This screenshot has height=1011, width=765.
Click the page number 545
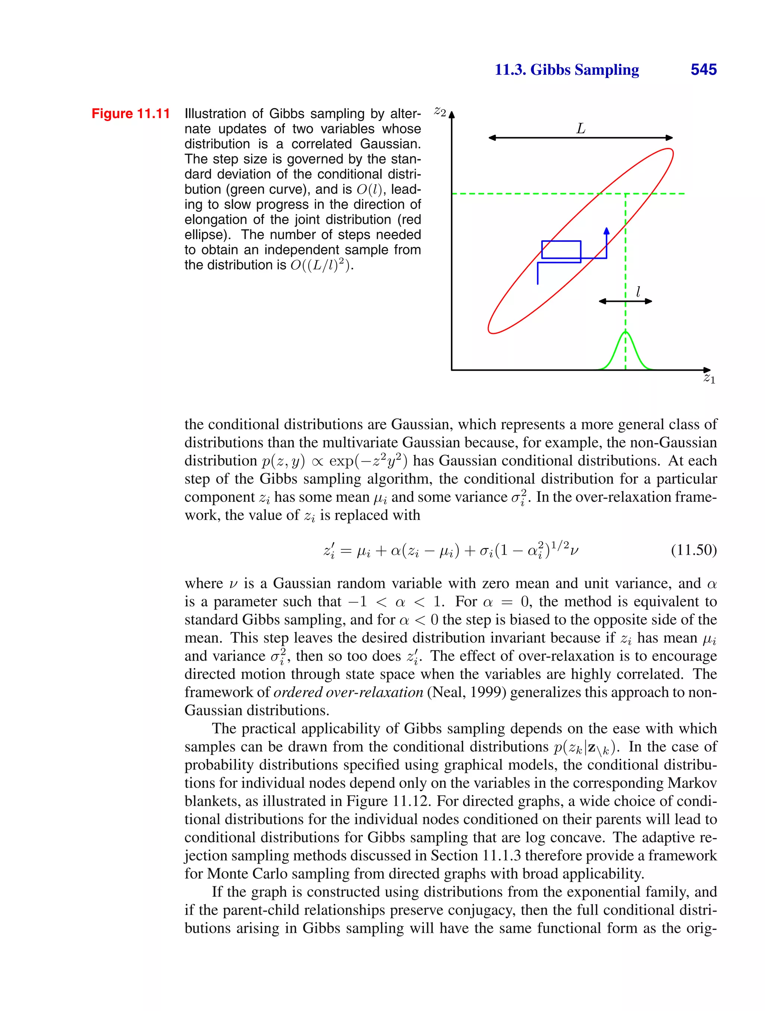[x=703, y=69]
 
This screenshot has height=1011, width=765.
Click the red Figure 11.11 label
[x=131, y=113]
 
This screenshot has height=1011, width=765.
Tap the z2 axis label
[x=440, y=111]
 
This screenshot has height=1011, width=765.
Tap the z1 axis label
[x=709, y=378]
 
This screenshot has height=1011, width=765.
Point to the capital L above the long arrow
[x=581, y=129]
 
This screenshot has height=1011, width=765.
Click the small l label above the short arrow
[x=638, y=291]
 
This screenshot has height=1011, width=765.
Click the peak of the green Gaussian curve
[x=626, y=332]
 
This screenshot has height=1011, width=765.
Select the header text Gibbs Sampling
[x=585, y=69]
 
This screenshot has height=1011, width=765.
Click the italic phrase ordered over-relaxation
[x=348, y=692]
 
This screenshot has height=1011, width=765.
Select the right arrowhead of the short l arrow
[x=649, y=301]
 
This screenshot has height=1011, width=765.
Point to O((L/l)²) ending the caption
[x=321, y=265]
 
